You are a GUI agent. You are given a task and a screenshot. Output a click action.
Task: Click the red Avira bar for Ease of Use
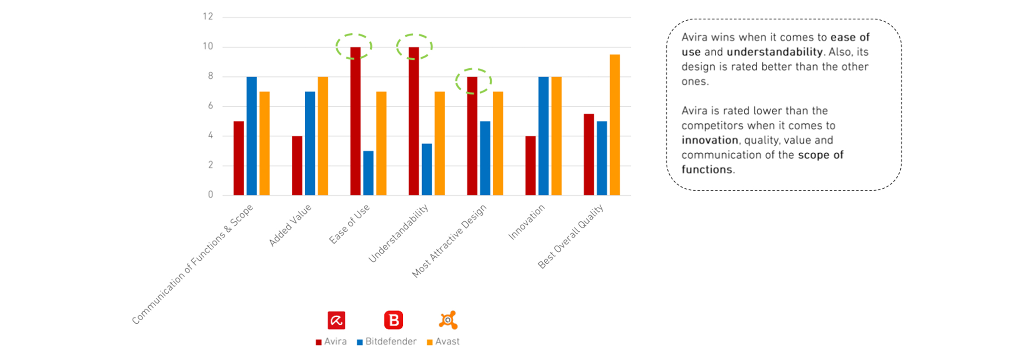355,121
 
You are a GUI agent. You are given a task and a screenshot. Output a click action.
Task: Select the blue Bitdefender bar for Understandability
426,169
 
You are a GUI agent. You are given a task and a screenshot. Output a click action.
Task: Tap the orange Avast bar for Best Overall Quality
615,125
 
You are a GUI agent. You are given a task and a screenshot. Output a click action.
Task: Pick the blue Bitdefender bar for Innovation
543,136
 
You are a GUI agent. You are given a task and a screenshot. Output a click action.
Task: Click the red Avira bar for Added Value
297,165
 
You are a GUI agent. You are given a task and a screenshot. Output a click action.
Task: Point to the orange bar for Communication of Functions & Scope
265,143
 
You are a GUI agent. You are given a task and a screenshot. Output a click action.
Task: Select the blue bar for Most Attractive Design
485,158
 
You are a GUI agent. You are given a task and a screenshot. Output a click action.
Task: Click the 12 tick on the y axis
208,17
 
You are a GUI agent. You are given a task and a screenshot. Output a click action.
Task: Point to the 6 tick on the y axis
210,106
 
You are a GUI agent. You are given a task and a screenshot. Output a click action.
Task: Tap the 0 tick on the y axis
210,195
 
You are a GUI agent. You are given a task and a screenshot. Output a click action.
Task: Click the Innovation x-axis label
527,222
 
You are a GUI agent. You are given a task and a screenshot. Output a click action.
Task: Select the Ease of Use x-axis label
350,224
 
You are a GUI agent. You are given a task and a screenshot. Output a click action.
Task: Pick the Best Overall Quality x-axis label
571,236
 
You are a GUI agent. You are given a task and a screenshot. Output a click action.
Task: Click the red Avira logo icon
336,320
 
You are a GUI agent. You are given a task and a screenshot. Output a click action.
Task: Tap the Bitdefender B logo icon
393,320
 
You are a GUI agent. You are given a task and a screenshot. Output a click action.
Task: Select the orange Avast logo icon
448,320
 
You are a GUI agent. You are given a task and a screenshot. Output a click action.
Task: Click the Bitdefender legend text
391,341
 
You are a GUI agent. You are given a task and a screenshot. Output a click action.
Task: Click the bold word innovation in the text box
710,140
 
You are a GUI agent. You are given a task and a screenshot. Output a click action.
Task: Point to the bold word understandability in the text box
774,52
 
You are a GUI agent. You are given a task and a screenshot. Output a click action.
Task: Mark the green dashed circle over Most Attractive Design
474,81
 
